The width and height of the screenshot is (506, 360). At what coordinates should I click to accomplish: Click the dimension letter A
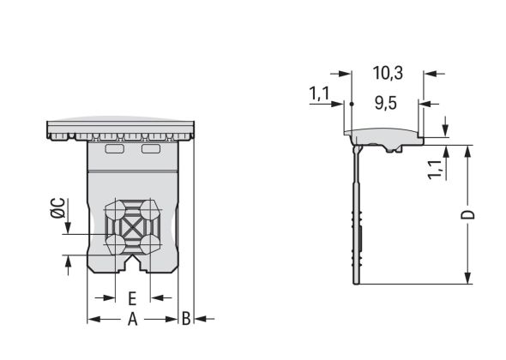click(132, 320)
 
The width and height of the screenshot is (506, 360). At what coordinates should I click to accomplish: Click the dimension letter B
click(185, 320)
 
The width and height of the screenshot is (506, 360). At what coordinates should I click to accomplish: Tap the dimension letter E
click(132, 298)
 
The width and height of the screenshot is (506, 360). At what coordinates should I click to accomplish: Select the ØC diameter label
click(57, 208)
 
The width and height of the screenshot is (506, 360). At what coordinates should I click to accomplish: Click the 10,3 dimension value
click(387, 74)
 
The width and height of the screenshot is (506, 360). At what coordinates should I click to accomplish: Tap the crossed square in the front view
click(132, 228)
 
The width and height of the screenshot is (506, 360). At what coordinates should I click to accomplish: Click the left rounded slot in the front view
click(114, 149)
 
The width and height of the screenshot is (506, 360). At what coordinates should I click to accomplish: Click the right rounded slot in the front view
click(151, 149)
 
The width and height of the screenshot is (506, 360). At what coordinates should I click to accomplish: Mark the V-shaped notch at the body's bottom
click(132, 258)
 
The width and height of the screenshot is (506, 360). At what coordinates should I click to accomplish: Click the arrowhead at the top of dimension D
click(467, 151)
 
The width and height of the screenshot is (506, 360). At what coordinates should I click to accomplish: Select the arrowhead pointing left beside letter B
click(199, 320)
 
